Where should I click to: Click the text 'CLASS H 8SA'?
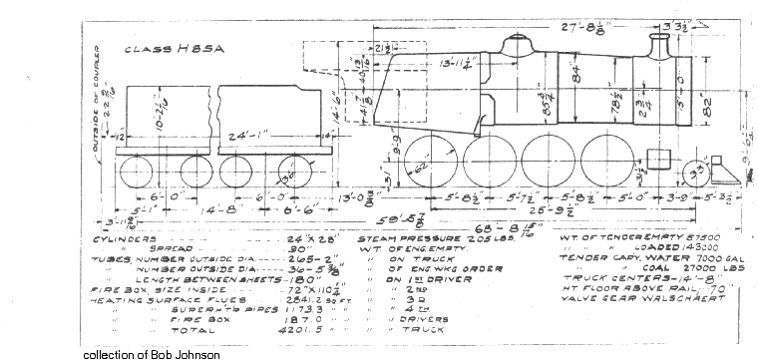(169, 47)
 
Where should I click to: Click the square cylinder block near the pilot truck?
(657, 160)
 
